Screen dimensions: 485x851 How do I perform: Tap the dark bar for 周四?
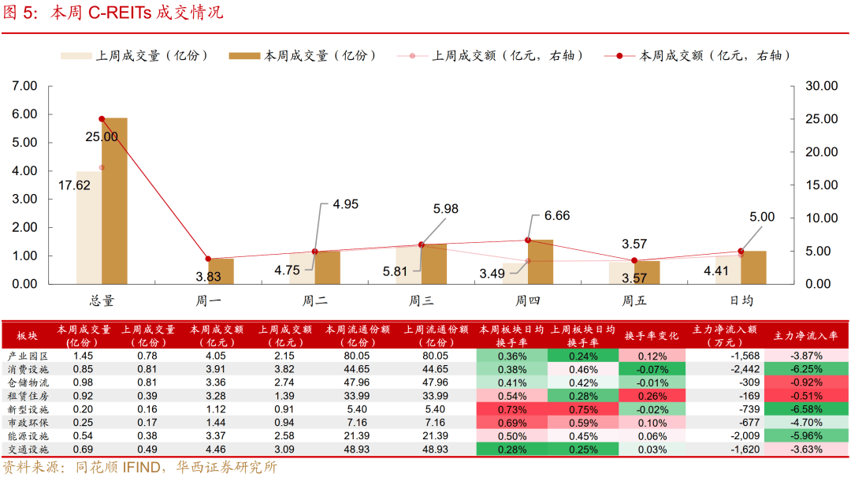pos(541,262)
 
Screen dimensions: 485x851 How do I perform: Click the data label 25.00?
pos(102,136)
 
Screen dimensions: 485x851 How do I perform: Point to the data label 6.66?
pos(552,216)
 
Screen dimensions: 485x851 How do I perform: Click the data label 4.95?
pos(346,204)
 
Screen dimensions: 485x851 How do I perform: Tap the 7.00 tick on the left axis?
pos(24,85)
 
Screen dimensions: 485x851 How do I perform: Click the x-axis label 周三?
pos(421,300)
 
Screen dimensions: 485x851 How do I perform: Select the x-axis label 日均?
pos(741,300)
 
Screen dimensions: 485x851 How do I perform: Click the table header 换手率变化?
pos(652,334)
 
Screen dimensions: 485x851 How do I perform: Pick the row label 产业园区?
pos(28,356)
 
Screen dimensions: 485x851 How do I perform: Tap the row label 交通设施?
pos(28,450)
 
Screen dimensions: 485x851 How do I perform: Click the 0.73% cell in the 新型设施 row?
pos(512,409)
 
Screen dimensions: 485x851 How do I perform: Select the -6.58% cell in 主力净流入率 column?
pos(806,409)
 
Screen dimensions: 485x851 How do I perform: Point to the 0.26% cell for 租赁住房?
pos(652,396)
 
